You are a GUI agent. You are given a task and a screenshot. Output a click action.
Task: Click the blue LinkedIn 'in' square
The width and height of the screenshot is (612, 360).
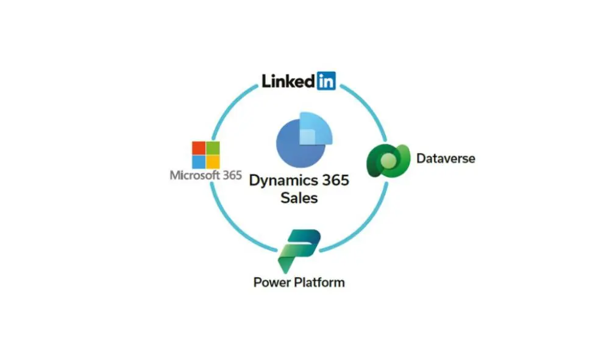point(326,81)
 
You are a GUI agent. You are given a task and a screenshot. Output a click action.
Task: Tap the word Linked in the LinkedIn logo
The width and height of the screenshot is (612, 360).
point(288,81)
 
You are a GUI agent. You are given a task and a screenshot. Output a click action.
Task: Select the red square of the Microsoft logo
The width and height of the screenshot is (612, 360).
point(199,148)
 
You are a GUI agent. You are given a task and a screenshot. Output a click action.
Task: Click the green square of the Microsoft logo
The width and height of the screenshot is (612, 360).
point(213,148)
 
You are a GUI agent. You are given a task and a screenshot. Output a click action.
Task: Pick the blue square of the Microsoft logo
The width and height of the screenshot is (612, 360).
point(199,162)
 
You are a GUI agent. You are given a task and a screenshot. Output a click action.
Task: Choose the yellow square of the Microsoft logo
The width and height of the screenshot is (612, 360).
point(213,162)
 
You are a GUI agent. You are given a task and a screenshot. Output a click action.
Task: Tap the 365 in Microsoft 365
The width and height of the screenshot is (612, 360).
point(232,175)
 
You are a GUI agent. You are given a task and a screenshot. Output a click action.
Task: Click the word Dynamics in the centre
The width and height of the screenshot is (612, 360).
point(283,181)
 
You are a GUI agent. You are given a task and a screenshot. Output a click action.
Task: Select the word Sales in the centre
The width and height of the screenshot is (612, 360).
point(299,198)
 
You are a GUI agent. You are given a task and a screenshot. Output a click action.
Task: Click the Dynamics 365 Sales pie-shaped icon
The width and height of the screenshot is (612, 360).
point(304,140)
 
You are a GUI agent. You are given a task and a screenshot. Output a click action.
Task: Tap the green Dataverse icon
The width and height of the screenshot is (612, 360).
point(388,160)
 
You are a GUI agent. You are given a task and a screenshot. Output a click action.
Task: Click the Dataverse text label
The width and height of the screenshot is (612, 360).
point(446,158)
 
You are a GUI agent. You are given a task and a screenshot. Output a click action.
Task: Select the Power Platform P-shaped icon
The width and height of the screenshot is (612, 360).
point(299,251)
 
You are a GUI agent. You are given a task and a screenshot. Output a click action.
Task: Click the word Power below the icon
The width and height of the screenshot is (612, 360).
point(272,283)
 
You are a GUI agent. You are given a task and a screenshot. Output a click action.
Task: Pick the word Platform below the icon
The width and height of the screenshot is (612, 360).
point(319,282)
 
